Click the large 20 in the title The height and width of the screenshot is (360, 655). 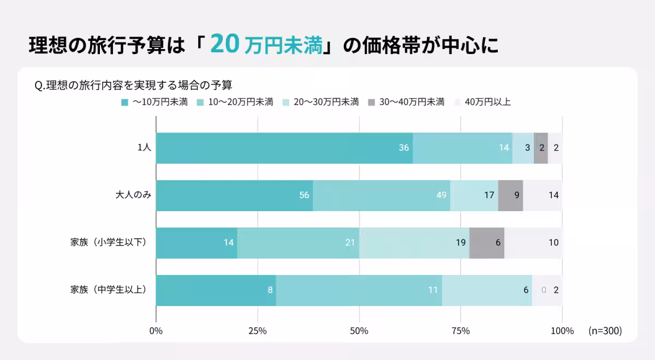coord(224,44)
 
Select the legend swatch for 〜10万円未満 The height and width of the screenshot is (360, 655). coord(124,102)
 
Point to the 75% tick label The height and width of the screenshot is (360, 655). coord(461,331)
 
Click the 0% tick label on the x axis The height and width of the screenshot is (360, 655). coord(156,331)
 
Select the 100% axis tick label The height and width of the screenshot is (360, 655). coord(562,331)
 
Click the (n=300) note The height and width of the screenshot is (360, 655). coord(605,331)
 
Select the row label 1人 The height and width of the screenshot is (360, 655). coord(144,148)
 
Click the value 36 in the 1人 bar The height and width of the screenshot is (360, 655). coord(404,148)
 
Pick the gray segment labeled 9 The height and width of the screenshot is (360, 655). coord(510,195)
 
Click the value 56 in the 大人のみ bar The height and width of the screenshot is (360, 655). coord(304,195)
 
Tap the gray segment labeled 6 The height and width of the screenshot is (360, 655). coord(487,243)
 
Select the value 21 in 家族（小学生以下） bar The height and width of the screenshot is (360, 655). coord(350,243)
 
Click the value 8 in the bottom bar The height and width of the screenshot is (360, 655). coord(270,290)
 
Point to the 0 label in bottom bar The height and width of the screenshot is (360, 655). coord(543,290)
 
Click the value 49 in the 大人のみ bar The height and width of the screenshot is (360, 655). coord(441,195)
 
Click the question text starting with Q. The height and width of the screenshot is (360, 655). coord(133,86)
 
